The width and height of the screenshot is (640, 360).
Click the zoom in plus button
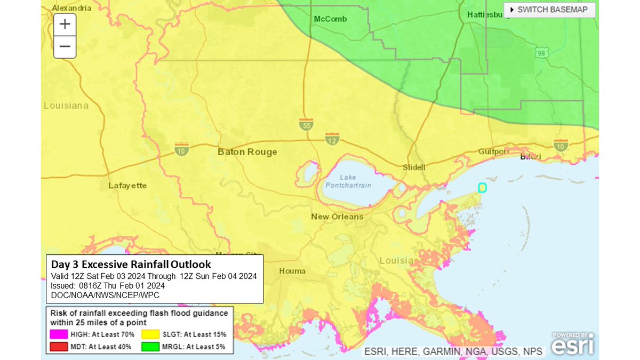[x=65, y=25]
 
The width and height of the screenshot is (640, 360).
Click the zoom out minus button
[x=65, y=47]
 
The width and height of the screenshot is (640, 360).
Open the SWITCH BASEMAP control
[x=549, y=10]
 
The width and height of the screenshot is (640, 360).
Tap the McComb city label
[x=330, y=19]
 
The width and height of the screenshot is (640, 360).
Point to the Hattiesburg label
[x=485, y=14]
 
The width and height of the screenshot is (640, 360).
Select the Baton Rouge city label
[x=247, y=152]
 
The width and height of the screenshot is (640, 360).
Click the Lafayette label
[x=127, y=186]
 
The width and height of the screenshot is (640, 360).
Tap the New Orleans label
[x=337, y=217]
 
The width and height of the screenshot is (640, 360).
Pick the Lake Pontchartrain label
[x=348, y=181]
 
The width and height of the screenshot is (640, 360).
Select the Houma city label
[x=292, y=271]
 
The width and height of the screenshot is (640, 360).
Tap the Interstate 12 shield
[x=332, y=139]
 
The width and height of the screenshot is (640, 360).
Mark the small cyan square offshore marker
[x=482, y=187]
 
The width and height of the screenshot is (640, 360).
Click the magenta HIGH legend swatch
[x=59, y=334]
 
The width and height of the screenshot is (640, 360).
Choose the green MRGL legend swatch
[x=149, y=347]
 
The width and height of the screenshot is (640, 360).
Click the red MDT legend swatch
[x=59, y=347]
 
